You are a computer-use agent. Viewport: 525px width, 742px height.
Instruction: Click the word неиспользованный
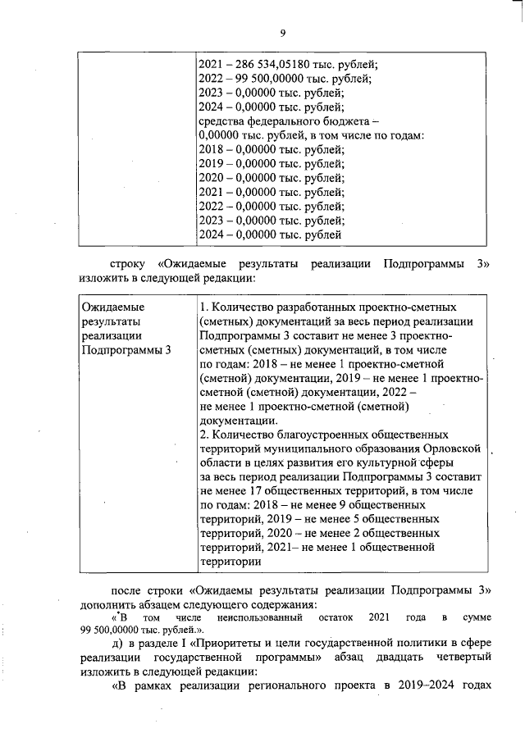260,615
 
